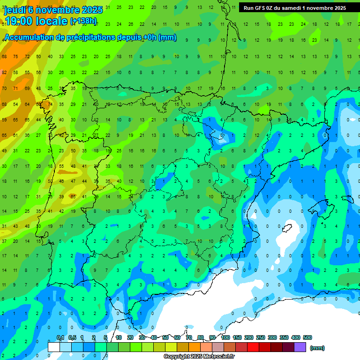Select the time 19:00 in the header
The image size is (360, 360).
tap(19, 21)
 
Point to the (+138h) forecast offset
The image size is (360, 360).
tap(83, 21)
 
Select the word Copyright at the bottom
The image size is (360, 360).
tap(177, 357)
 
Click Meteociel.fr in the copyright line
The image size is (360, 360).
tap(218, 357)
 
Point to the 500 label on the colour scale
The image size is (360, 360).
tap(307, 337)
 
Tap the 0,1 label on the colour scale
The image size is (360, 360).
tap(60, 337)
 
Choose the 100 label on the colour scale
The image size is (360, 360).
tap(225, 337)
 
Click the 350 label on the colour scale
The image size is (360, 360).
tap(284, 337)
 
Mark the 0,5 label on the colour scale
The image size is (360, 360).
tap(72, 337)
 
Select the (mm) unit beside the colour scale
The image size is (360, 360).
tap(317, 348)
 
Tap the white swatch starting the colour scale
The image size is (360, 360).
tap(54, 347)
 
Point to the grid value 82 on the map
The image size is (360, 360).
tap(4, 72)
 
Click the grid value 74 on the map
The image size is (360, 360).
tap(49, 104)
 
